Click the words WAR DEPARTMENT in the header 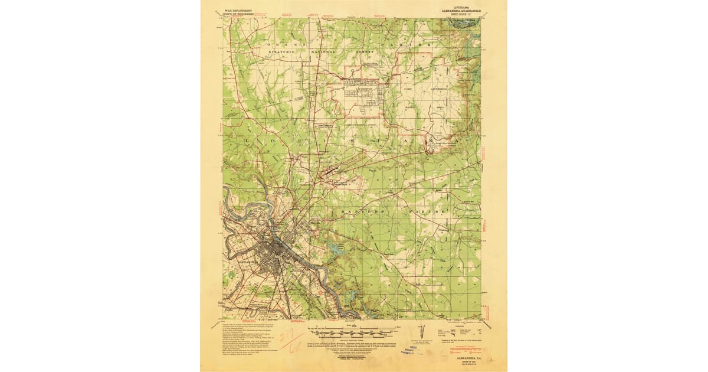(238, 10)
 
